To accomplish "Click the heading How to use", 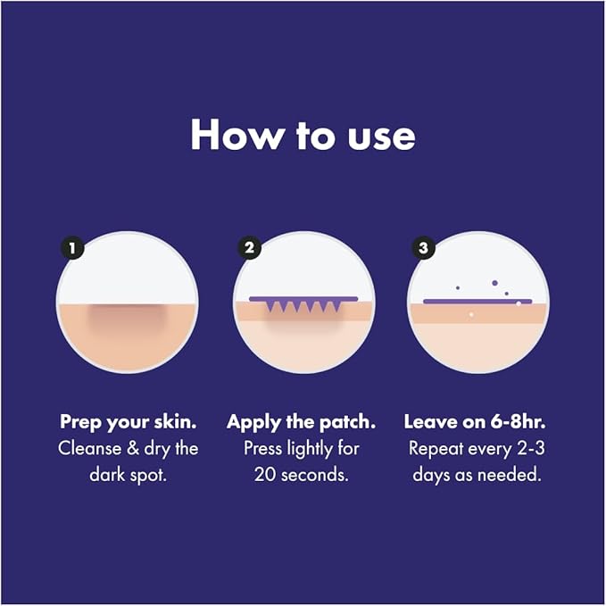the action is [x=303, y=135].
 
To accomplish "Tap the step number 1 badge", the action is [x=72, y=248].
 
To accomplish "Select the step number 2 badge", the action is [x=249, y=247].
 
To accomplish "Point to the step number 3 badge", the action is [x=423, y=247].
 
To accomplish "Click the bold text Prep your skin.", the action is [x=129, y=422].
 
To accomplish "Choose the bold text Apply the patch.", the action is [x=301, y=422].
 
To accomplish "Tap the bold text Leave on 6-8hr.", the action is [x=475, y=421].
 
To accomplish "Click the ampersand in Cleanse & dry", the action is [x=133, y=449].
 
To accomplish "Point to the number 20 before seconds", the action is [x=265, y=475].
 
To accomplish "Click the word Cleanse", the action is [x=89, y=449].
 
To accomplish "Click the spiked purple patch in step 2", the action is [x=303, y=303].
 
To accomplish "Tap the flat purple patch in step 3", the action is [x=477, y=302].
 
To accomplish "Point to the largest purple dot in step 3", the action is [x=494, y=283].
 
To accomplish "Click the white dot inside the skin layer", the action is [x=471, y=315].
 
